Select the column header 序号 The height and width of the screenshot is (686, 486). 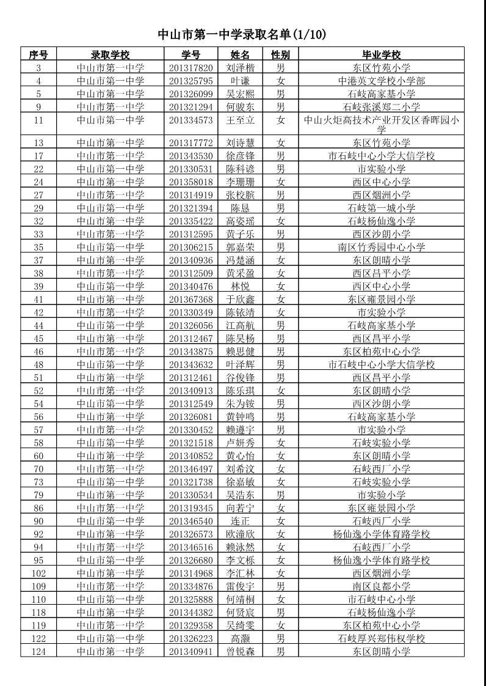click(x=38, y=55)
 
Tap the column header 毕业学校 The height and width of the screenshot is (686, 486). click(x=381, y=55)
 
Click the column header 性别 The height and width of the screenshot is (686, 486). click(x=280, y=55)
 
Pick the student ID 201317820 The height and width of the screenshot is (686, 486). click(x=191, y=68)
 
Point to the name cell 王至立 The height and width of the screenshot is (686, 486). click(x=240, y=120)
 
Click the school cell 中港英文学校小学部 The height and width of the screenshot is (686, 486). click(x=381, y=81)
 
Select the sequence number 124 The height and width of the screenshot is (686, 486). click(x=38, y=651)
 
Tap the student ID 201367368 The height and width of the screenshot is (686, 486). click(x=191, y=300)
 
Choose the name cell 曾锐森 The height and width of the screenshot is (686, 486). click(x=240, y=651)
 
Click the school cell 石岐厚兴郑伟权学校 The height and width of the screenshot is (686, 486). click(x=381, y=638)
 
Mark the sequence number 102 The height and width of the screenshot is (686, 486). click(x=38, y=573)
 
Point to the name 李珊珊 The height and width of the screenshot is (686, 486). click(x=240, y=182)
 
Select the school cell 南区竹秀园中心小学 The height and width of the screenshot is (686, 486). click(x=381, y=247)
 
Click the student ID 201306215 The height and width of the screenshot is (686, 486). click(x=191, y=247)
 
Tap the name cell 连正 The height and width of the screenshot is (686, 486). click(x=240, y=521)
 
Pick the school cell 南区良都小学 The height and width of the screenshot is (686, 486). click(x=381, y=586)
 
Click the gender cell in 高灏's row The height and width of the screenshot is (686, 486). click(x=280, y=638)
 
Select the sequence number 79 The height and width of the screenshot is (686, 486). click(x=38, y=495)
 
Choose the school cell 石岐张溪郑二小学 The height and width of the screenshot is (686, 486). click(x=381, y=107)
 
